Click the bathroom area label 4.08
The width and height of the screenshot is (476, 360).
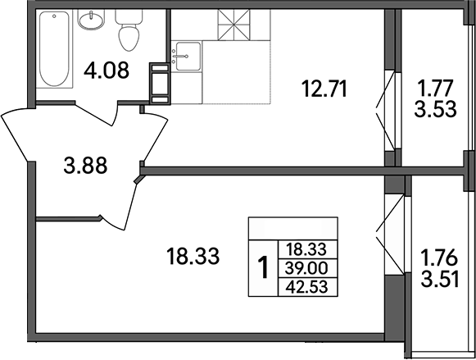pyautogui.click(x=106, y=71)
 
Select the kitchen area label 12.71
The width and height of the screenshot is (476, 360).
pyautogui.click(x=324, y=88)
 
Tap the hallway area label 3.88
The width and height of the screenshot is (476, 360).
pyautogui.click(x=87, y=170)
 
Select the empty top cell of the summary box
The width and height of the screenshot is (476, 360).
pyautogui.click(x=292, y=227)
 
